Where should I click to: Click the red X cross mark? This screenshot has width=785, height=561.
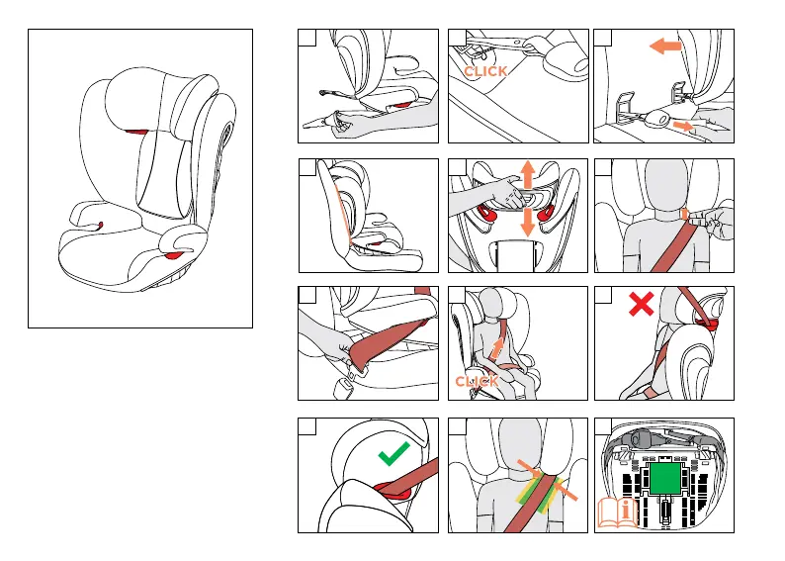[642, 304]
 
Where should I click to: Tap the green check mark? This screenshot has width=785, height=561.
[393, 454]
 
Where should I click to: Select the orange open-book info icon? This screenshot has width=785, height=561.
[617, 513]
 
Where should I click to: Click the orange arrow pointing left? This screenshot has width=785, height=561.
[665, 47]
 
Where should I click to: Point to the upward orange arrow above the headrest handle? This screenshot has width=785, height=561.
[527, 174]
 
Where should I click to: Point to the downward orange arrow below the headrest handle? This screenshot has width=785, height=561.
[527, 222]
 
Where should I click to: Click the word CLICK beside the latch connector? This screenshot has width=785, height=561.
[485, 71]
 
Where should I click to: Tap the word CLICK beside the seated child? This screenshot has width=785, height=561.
[477, 382]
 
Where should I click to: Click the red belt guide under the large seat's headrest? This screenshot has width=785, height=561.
[136, 133]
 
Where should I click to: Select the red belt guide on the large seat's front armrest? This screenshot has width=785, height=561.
[174, 256]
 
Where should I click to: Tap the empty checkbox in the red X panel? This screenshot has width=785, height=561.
[603, 295]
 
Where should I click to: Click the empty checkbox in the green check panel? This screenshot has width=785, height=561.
[306, 426]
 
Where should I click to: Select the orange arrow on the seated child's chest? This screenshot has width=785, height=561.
[496, 348]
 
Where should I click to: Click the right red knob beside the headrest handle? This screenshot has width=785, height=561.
[546, 213]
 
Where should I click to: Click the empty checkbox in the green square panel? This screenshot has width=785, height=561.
[603, 426]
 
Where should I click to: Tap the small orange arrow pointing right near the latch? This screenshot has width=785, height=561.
[683, 126]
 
